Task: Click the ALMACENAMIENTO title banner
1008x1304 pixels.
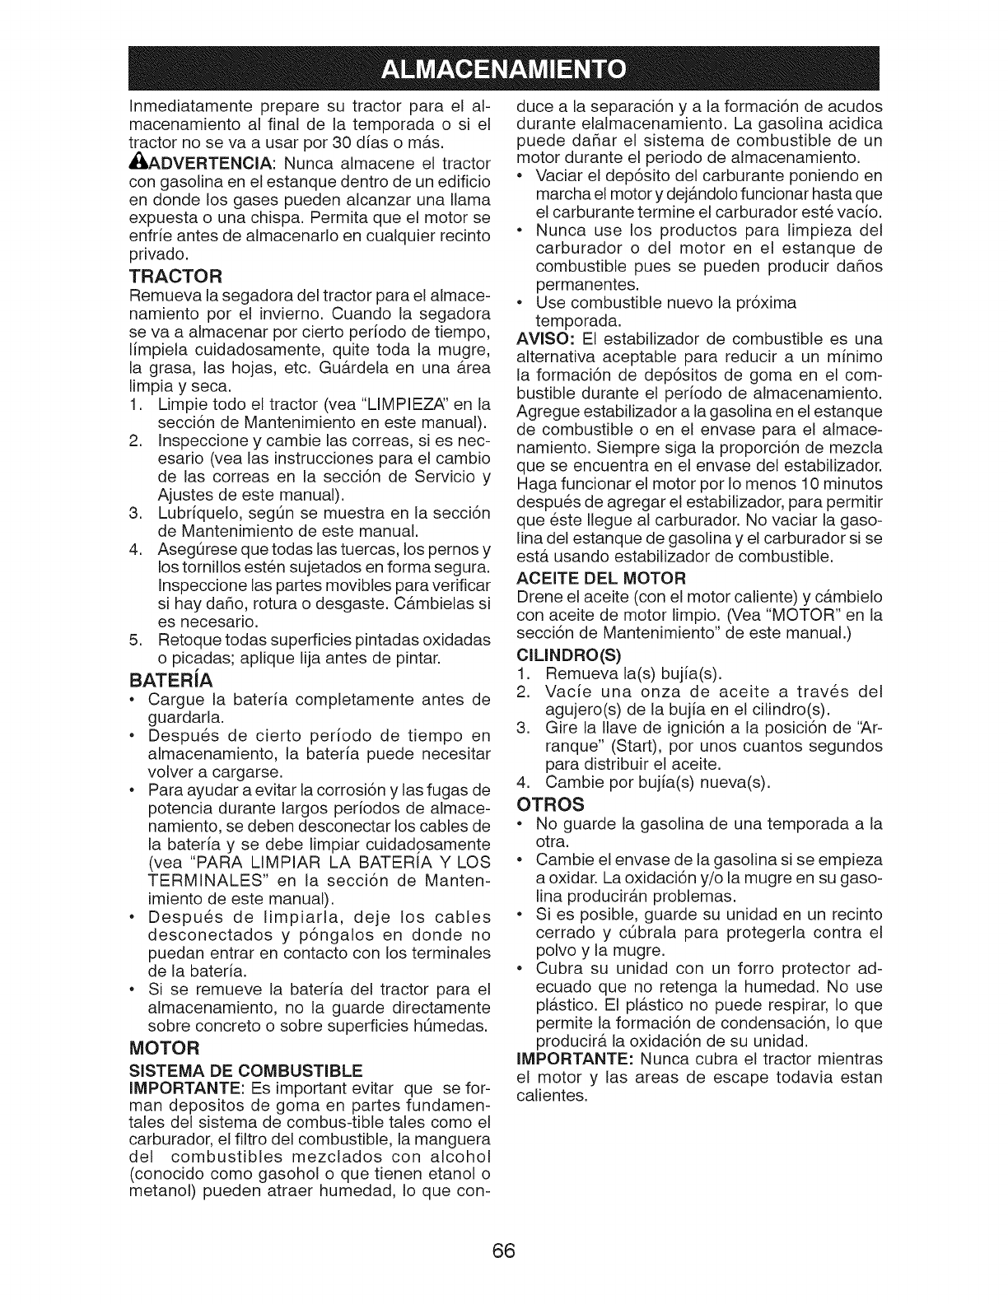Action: pos(503,67)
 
